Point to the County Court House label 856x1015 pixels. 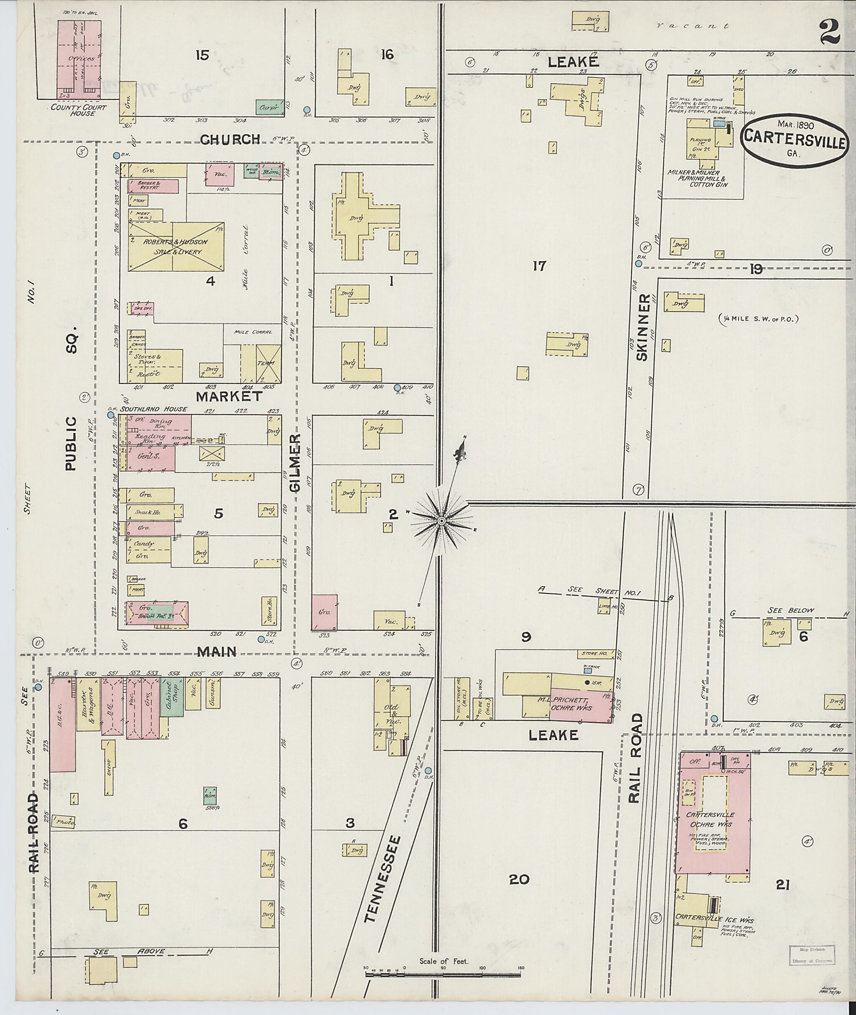(73, 110)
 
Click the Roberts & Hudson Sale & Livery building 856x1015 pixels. (176, 247)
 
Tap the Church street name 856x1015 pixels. (230, 140)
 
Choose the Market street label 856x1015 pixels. (229, 397)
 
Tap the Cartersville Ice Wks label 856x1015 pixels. (714, 919)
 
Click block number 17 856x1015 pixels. (539, 266)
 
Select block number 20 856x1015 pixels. (519, 879)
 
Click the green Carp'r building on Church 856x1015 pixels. (266, 107)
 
